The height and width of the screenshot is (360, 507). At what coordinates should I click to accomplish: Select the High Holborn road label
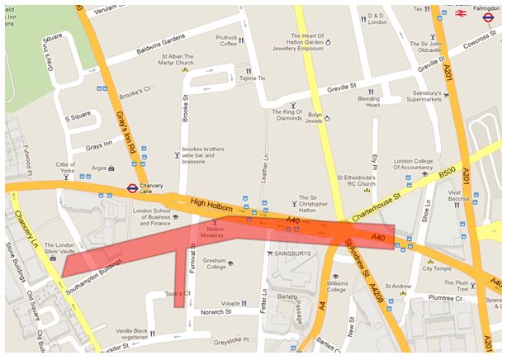pos(206,201)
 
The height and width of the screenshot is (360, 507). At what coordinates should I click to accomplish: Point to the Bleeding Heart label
pos(368,101)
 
